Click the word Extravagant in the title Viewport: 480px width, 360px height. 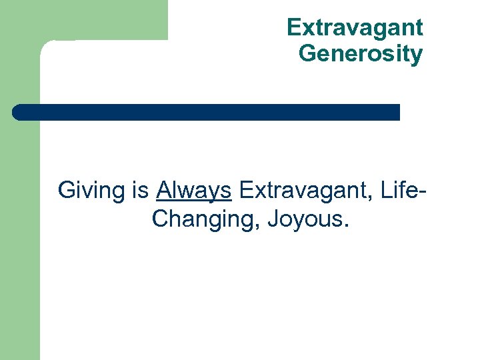coord(355,27)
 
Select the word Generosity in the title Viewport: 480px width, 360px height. coord(361,53)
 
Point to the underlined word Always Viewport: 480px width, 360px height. coord(194,191)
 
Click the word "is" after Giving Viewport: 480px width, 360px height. coord(140,191)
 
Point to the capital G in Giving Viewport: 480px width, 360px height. coord(67,191)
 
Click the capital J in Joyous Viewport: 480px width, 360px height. coord(273,219)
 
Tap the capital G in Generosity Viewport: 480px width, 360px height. coord(309,53)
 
